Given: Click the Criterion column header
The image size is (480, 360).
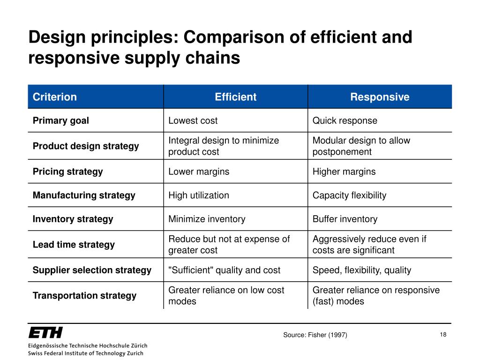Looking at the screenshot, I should [55, 97].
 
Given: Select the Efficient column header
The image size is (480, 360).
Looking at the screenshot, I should [235, 97].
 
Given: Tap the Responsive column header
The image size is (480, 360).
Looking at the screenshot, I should [380, 97].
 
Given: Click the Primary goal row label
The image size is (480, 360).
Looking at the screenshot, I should [61, 120].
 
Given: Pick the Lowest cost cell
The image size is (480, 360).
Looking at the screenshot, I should [193, 120].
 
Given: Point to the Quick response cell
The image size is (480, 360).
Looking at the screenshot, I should [345, 120].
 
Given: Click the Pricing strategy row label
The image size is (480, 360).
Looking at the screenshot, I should [68, 172].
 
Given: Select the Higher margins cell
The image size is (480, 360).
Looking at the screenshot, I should [344, 172].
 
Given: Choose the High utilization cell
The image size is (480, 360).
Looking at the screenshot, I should [199, 195].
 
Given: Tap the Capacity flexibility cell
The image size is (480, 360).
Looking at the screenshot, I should [350, 195].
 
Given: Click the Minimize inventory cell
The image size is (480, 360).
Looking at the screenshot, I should [207, 219].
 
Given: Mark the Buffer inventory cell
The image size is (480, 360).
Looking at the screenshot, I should [345, 219].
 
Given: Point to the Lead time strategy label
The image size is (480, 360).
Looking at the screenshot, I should [74, 245].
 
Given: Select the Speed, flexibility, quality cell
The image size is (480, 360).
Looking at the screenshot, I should [362, 270].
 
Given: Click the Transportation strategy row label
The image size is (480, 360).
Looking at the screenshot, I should [85, 295].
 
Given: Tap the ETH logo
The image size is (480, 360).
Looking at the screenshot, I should [45, 333].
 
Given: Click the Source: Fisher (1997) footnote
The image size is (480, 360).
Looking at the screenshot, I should [315, 335].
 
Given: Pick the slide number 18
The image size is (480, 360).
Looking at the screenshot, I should [443, 334].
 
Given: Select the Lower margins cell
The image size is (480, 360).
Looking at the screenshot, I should [199, 172].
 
